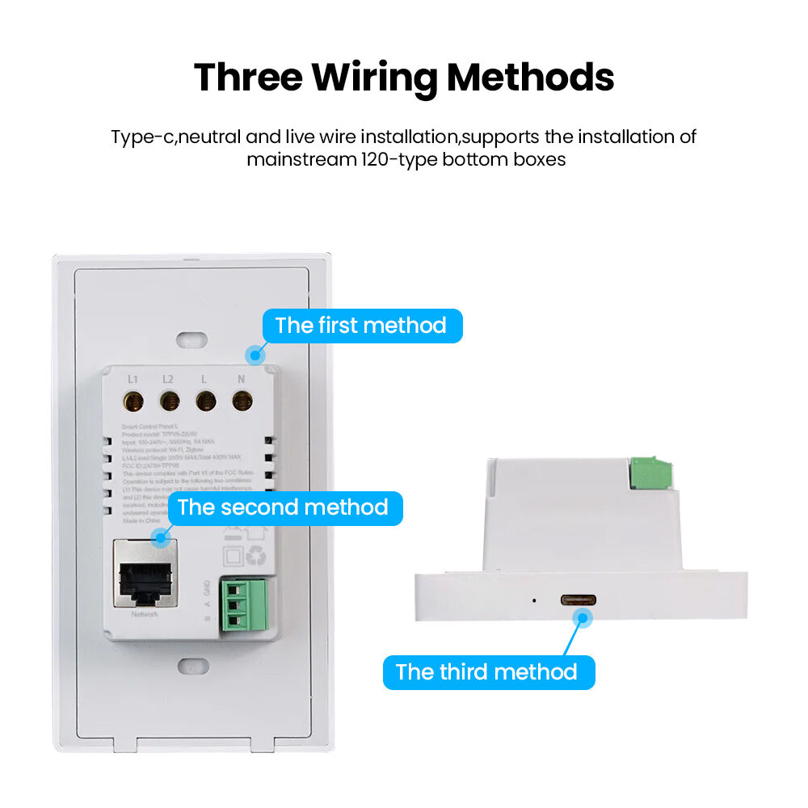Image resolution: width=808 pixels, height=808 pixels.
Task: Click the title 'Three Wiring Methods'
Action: pos(404,77)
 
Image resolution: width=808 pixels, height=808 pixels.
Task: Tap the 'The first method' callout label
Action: pos(361,326)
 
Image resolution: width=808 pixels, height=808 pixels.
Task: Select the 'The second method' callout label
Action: pos(284,508)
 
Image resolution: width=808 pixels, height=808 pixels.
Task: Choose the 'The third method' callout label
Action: pos(487,672)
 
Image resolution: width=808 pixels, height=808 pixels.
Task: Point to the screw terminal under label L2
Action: pos(169,400)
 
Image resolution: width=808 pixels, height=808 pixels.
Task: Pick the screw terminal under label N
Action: pos(241,400)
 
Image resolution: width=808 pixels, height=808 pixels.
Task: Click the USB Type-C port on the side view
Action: pos(579,600)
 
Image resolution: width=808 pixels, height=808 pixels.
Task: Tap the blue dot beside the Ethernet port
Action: pos(161,536)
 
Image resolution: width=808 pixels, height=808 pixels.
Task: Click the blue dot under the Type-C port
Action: pos(581,619)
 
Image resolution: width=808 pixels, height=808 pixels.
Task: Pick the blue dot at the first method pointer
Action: pos(257,354)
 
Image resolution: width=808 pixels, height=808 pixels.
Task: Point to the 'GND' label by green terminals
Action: pos(207,587)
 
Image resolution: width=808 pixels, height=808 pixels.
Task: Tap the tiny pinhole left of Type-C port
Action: pos(533,600)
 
